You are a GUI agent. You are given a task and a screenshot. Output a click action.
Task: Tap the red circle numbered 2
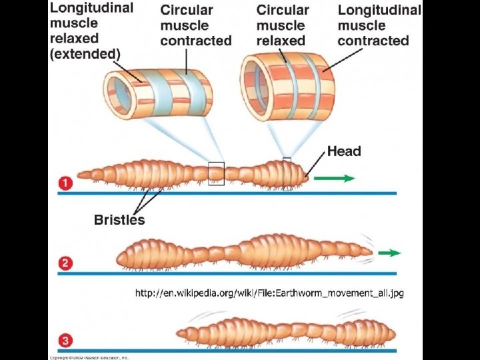pyautogui.click(x=65, y=263)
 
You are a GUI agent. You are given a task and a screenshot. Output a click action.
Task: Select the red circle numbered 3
pyautogui.click(x=65, y=341)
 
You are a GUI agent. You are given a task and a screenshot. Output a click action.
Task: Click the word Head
pyautogui.click(x=344, y=151)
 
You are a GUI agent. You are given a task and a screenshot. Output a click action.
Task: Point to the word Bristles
pyautogui.click(x=119, y=219)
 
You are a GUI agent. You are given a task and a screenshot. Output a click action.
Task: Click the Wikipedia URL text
pyautogui.click(x=269, y=292)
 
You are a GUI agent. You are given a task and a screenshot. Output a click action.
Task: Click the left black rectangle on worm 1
pyautogui.click(x=216, y=173)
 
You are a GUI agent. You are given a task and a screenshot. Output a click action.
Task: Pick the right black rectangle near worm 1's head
pyautogui.click(x=287, y=173)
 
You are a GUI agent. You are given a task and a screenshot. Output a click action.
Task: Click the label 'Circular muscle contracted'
pyautogui.click(x=195, y=25)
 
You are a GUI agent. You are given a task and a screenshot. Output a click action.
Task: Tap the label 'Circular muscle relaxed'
pyautogui.click(x=283, y=25)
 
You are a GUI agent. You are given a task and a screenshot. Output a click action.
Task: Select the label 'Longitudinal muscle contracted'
pyautogui.click(x=379, y=25)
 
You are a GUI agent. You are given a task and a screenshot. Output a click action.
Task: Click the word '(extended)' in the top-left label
pyautogui.click(x=85, y=53)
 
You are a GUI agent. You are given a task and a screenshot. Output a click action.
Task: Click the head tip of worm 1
pyautogui.click(x=307, y=177)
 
